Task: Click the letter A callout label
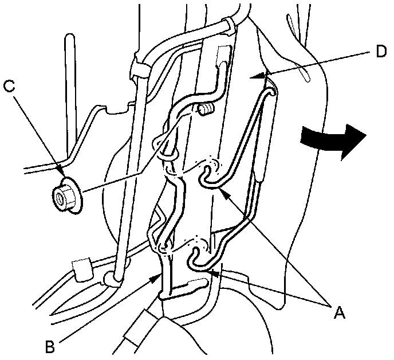click(x=340, y=312)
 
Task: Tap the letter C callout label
click(x=8, y=87)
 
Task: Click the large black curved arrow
click(x=333, y=140)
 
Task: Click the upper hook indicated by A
click(x=207, y=176)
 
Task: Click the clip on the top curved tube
click(x=227, y=23)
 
